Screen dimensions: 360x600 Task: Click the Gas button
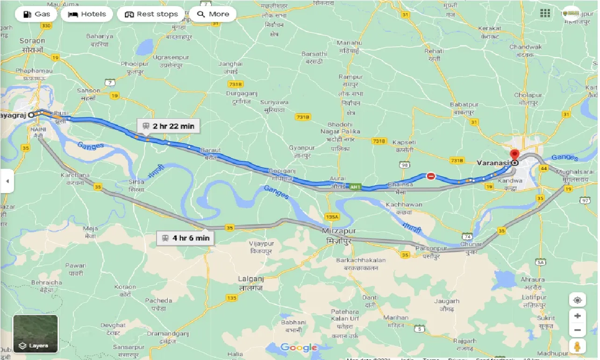click(36, 14)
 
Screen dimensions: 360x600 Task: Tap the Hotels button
click(87, 14)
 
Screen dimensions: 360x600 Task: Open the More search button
click(213, 14)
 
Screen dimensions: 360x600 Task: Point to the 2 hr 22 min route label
click(168, 126)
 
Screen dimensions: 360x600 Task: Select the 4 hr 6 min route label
click(186, 238)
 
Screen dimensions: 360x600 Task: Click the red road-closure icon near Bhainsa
click(431, 176)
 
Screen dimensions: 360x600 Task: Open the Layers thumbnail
click(36, 334)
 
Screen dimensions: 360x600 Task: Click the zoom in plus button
click(578, 316)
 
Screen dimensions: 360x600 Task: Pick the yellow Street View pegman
click(578, 347)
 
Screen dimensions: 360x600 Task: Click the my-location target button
click(578, 300)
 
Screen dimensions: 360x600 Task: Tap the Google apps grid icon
click(545, 14)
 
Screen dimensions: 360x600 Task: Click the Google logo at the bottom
click(299, 347)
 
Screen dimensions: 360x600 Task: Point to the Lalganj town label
click(250, 279)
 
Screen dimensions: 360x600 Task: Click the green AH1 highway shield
click(355, 187)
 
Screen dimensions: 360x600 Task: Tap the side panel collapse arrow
click(7, 180)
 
